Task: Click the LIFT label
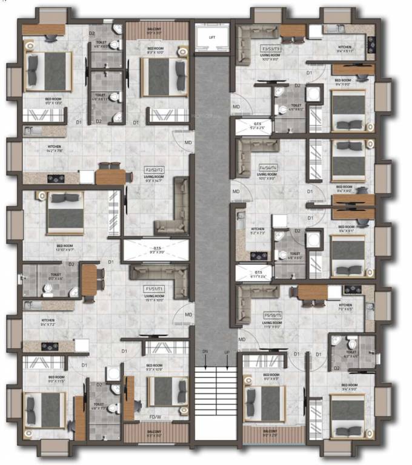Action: (211, 38)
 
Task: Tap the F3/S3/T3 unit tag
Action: (270, 48)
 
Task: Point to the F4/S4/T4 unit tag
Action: (268, 168)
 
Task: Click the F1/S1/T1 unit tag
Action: (154, 289)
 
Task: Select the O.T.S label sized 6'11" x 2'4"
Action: (258, 274)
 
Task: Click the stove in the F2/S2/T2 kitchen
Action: (56, 178)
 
